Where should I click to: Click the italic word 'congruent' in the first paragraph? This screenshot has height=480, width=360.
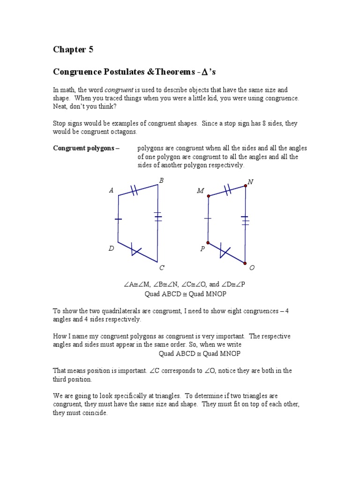coord(116,90)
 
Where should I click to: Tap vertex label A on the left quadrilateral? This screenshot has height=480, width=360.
coord(111,190)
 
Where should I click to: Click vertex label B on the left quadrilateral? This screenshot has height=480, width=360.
coord(161,180)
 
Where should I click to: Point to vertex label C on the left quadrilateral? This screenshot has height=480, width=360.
coord(162,268)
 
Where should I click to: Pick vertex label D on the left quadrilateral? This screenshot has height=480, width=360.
coord(111,248)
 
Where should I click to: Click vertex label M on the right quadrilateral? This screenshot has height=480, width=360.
coord(201,191)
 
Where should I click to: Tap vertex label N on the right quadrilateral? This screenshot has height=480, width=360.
coord(250,182)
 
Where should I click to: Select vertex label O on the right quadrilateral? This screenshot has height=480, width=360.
coord(252,268)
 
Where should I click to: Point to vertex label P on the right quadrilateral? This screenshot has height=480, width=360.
coord(202,249)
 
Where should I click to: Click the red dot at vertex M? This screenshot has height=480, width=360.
coord(208,196)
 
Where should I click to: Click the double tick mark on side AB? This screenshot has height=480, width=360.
coord(134,190)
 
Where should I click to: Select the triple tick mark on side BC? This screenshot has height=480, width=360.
coord(157,217)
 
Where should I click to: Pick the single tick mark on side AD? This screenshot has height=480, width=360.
coord(118,219)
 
